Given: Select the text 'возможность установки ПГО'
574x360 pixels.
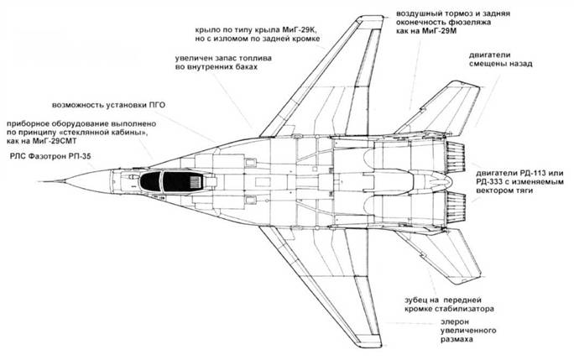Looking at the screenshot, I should [x=103, y=107].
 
